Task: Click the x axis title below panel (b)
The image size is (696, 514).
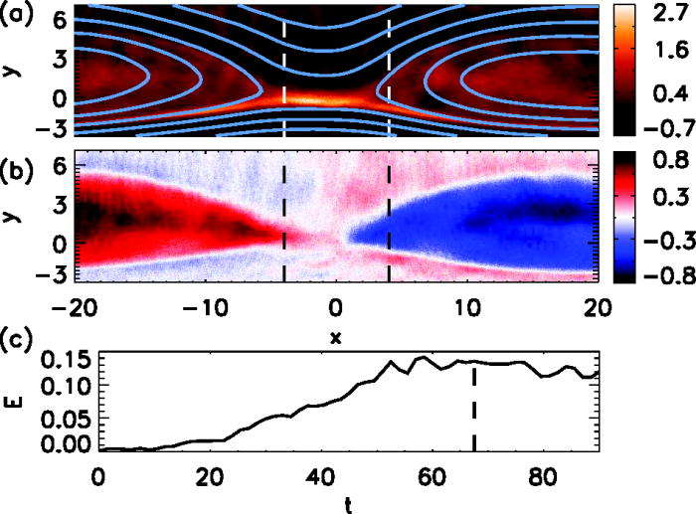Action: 336,337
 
